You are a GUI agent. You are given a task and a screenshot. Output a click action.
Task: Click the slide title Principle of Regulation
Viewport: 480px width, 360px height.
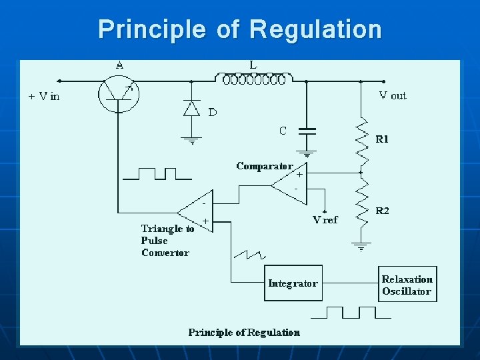point(240,29)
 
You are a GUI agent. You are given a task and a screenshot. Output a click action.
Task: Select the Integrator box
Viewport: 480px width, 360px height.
point(293,283)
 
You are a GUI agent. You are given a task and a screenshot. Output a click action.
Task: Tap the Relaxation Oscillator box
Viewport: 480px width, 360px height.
point(407,285)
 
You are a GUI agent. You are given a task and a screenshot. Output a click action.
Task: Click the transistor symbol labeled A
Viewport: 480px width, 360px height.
point(119,93)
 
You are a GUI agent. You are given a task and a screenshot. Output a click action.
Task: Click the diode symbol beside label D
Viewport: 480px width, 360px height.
point(192,108)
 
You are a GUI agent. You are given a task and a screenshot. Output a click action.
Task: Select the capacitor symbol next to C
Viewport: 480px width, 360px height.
point(307,131)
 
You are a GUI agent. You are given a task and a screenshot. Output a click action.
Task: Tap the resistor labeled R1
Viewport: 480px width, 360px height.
point(362,141)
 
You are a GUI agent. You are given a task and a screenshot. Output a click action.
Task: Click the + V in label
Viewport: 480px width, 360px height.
point(44,96)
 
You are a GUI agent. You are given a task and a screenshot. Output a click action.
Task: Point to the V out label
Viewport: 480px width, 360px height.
point(392,95)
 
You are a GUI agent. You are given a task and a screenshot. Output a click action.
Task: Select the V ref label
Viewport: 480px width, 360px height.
point(325,219)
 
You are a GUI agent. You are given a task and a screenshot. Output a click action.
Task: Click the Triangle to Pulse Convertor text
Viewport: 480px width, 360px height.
point(167,241)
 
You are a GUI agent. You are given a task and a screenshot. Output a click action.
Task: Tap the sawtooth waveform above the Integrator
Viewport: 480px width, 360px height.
point(249,254)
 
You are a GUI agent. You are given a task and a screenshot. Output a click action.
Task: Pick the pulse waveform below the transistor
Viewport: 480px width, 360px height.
point(157,174)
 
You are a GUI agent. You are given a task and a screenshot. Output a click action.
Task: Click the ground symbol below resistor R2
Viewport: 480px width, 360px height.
point(362,247)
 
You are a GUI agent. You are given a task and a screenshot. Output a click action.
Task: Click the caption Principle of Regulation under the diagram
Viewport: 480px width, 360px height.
point(244,332)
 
